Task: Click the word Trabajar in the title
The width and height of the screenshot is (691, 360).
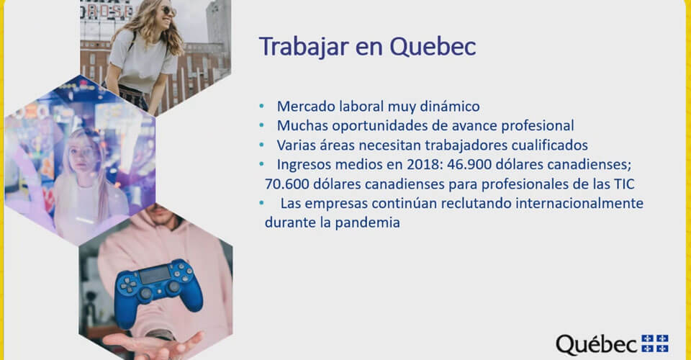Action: point(304,47)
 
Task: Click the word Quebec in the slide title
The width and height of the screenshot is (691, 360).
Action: point(433,47)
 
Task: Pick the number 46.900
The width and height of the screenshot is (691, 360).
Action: point(469,164)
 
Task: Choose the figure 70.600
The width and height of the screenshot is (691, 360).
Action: point(286,184)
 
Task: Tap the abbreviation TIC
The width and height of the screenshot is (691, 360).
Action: point(625,184)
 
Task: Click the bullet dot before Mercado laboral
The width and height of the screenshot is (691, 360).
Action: point(262,106)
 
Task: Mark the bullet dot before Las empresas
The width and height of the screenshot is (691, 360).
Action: point(262,203)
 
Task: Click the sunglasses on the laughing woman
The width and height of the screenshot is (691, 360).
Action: point(168,11)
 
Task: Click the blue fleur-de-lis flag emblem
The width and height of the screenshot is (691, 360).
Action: point(655,343)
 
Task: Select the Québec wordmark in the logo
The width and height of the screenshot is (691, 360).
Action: point(597,345)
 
